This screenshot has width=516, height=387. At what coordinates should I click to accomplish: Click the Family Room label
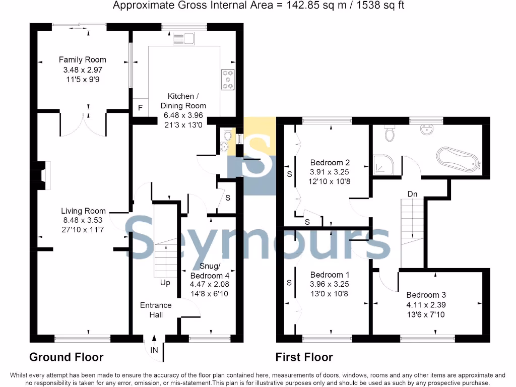point(82,60)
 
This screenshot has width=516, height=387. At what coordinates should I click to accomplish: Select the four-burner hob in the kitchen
point(228,79)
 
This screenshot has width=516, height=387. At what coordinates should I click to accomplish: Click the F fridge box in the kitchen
point(140,108)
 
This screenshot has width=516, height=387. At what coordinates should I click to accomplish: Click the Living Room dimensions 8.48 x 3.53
point(83,220)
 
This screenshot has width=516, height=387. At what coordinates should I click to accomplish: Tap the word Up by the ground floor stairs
point(165,283)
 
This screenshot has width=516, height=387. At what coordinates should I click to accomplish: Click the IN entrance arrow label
point(154,350)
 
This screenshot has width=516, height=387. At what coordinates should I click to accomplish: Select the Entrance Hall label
point(156,309)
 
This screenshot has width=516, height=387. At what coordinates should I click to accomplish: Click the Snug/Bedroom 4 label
point(210,272)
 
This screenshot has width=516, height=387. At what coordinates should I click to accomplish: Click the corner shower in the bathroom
point(385,164)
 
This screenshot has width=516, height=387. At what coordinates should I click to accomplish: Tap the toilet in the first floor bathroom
point(390,132)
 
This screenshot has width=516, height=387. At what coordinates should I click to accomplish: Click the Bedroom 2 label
point(330,163)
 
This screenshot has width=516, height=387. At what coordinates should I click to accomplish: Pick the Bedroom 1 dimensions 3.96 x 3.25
point(330,284)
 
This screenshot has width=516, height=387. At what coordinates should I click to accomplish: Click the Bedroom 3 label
point(426,295)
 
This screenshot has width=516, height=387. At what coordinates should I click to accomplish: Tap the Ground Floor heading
point(66,357)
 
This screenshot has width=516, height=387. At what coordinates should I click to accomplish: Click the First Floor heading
point(304,357)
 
